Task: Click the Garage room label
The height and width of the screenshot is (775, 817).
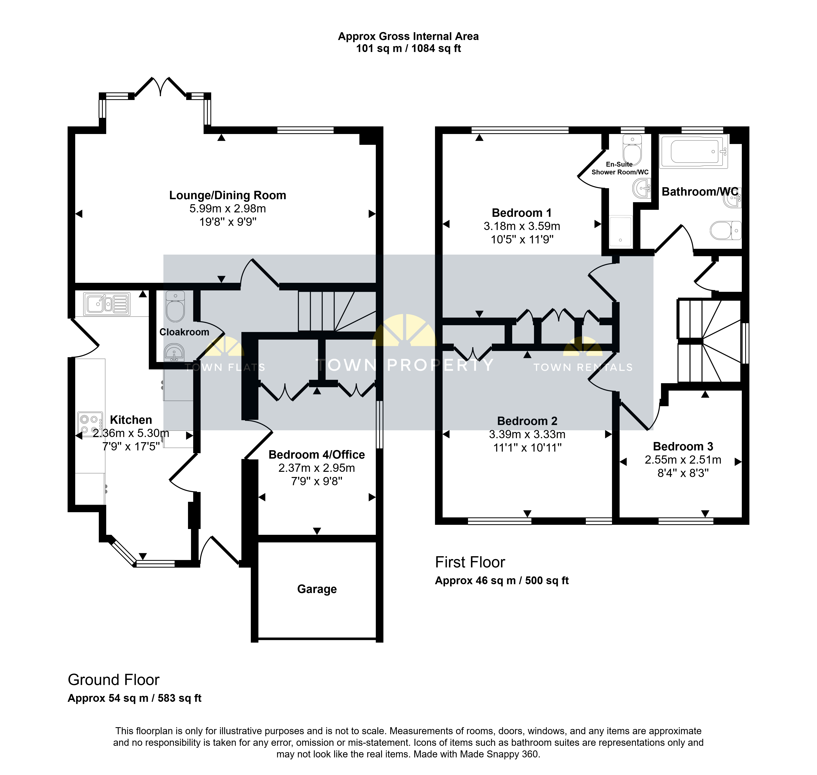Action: pyautogui.click(x=317, y=589)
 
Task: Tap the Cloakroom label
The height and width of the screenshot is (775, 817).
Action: pyautogui.click(x=184, y=332)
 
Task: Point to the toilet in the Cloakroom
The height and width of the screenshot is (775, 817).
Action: pyautogui.click(x=175, y=306)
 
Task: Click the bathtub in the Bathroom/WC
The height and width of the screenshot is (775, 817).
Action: pyautogui.click(x=694, y=151)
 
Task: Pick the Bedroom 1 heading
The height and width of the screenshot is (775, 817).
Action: pyautogui.click(x=522, y=213)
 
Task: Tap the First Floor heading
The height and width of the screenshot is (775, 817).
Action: pyautogui.click(x=470, y=562)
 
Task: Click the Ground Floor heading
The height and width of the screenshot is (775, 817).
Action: pyautogui.click(x=114, y=680)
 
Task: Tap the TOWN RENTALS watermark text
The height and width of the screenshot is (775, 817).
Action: pyautogui.click(x=583, y=367)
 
